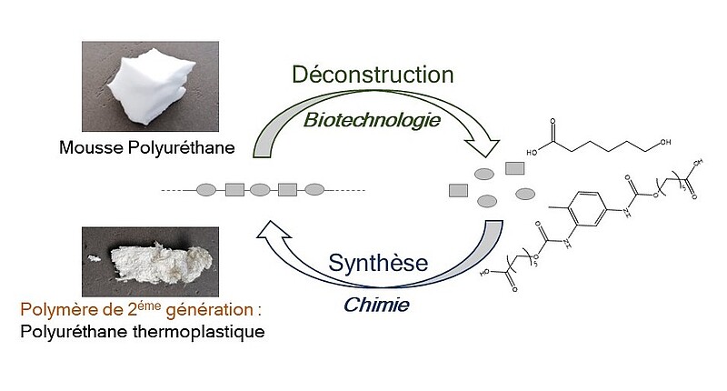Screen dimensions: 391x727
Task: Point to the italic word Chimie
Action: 375,305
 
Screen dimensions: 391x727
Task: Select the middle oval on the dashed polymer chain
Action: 260,190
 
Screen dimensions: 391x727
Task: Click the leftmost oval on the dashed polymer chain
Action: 206,190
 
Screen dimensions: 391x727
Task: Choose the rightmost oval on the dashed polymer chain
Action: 314,190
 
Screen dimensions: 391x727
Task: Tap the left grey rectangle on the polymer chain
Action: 234,190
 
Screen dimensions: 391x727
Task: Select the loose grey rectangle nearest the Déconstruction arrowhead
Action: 513,167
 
